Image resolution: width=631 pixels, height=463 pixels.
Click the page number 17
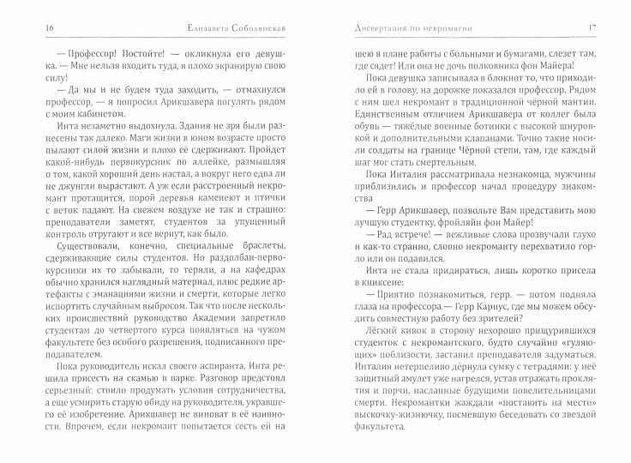[x=592, y=29]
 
